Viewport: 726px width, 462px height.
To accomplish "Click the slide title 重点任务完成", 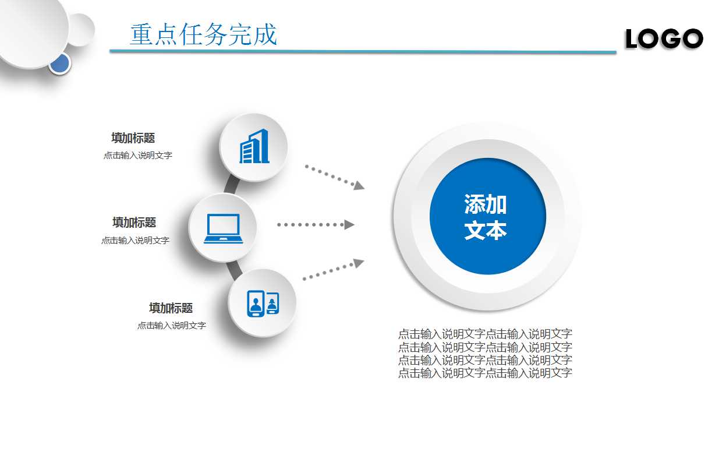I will coord(203,35).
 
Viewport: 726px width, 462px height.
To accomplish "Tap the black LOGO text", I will coord(664,39).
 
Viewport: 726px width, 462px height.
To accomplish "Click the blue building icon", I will coord(254,146).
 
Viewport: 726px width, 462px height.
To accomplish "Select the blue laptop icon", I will coord(223,228).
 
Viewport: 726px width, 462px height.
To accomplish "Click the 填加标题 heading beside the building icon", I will coord(133,138).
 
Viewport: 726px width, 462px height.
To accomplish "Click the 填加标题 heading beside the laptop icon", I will coord(134,223).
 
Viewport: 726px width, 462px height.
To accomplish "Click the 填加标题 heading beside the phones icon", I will coord(171,308).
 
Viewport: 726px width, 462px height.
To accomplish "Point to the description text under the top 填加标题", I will coord(138,156).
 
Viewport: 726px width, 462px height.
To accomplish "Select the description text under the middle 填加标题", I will coord(136,240).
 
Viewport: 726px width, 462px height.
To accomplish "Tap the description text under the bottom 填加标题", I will coord(172,326).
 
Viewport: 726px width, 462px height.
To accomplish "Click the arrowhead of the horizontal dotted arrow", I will coord(349,224).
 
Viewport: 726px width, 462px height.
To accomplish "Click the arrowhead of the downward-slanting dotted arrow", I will coord(359,185).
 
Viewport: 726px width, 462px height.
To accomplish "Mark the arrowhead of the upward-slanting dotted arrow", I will coord(359,263).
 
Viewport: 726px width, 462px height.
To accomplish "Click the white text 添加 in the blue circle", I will coord(486,204).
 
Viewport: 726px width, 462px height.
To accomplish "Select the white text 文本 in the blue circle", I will coord(486,231).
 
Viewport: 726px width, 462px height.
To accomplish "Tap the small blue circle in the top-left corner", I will coord(59,63).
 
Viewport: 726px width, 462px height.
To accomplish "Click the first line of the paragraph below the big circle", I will coord(485,334).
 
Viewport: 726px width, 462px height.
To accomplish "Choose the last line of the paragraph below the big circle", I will coord(485,373).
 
